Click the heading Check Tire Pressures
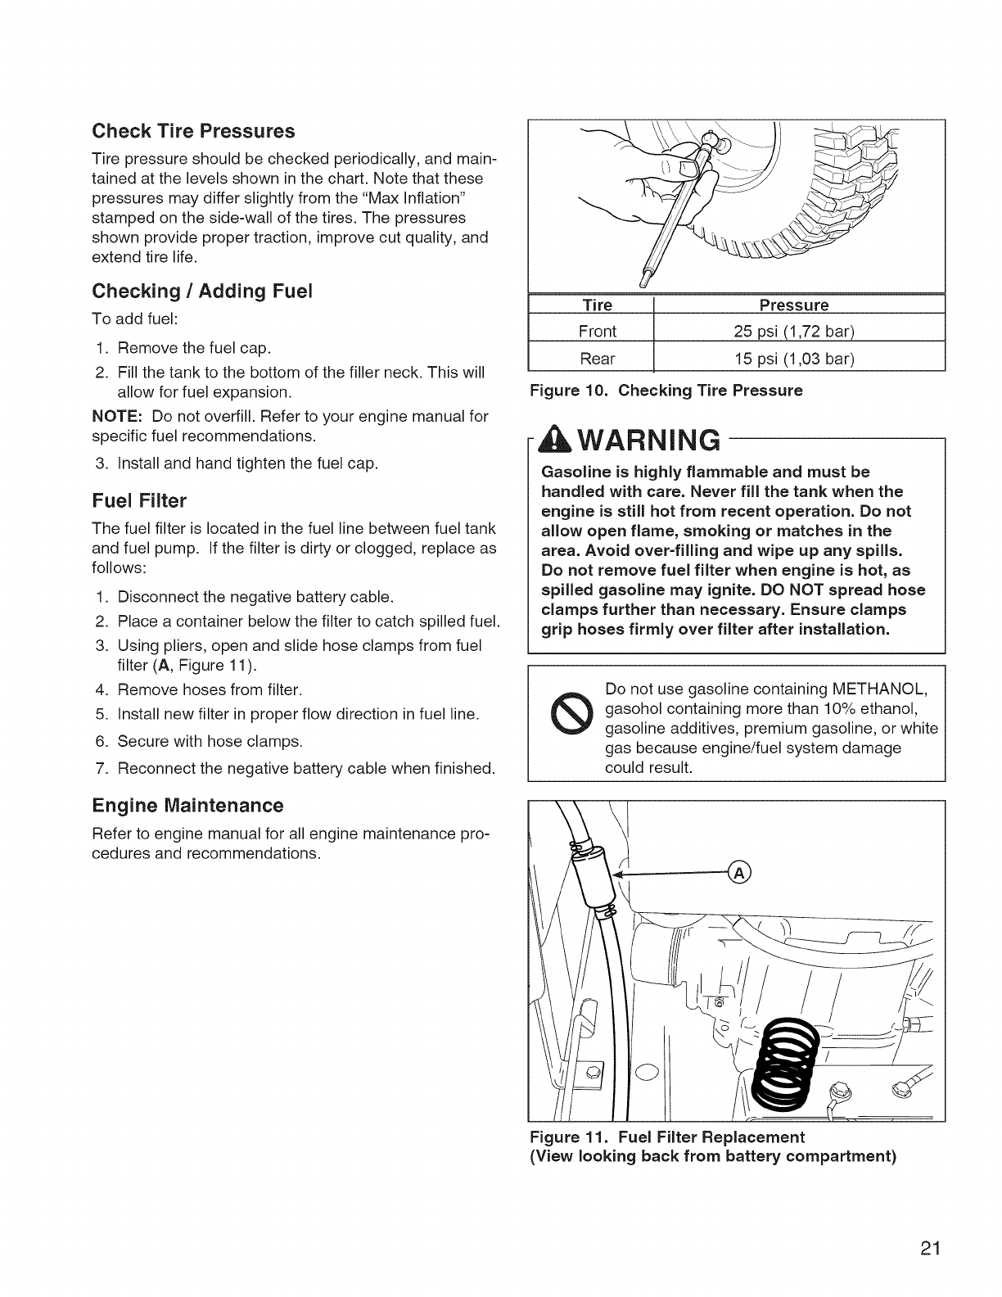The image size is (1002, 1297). tap(193, 131)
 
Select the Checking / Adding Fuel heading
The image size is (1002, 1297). tap(203, 291)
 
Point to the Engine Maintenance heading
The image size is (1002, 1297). tap(187, 805)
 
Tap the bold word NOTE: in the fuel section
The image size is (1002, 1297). tap(114, 417)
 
